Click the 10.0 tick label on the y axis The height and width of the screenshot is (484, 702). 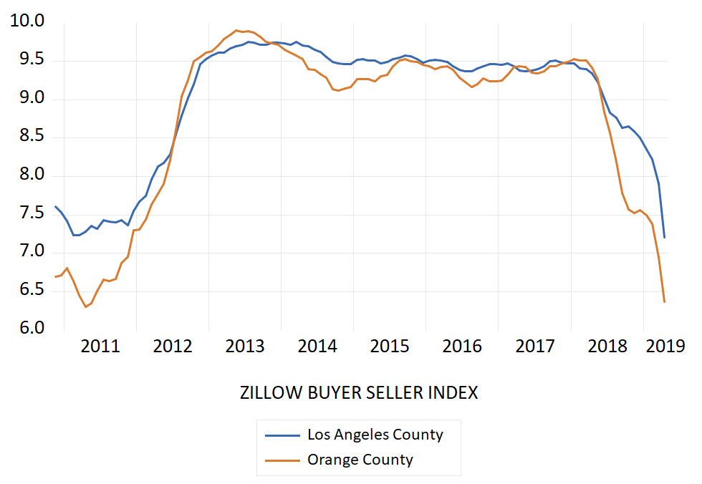(27, 21)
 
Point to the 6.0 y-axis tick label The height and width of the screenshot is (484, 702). (27, 329)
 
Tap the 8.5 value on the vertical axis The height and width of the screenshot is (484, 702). (27, 137)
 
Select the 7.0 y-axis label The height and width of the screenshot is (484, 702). (27, 252)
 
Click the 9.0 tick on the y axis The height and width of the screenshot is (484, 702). (27, 98)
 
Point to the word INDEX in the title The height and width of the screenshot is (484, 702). (453, 392)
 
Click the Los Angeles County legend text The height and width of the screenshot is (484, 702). (375, 435)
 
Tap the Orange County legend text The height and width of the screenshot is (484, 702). (360, 460)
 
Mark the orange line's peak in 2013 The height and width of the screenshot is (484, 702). (237, 30)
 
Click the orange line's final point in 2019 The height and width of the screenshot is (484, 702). (664, 301)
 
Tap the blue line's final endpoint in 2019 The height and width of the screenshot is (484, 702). (664, 237)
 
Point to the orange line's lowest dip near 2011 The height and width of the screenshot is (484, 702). (85, 307)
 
